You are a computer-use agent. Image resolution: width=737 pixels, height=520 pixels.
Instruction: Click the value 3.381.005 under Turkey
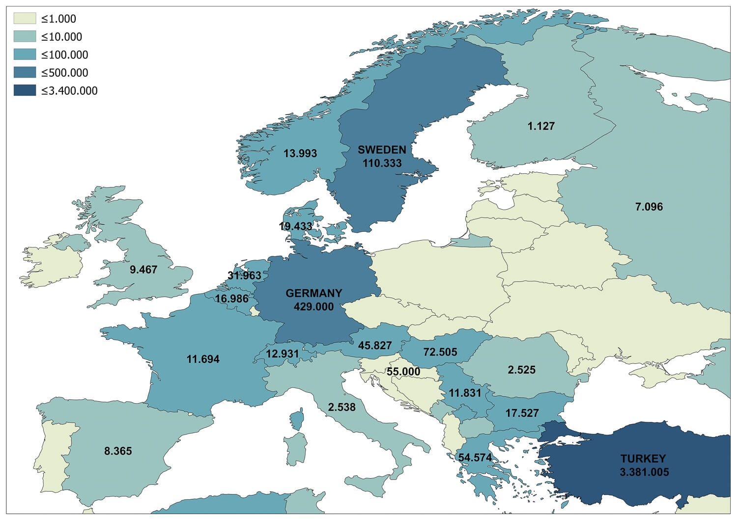pos(644,472)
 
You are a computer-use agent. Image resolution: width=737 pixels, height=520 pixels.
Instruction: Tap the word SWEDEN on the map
pos(382,150)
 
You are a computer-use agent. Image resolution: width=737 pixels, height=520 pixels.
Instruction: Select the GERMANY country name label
pos(313,293)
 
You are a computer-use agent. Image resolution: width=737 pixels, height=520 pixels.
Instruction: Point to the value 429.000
pos(313,307)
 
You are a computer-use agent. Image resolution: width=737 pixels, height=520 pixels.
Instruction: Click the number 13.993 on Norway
pos(300,154)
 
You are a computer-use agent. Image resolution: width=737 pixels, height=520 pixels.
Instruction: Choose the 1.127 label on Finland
pos(541,126)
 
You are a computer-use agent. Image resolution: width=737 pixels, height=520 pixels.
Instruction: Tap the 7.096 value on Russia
pos(649,207)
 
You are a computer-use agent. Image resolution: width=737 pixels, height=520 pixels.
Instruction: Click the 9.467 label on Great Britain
pos(143,270)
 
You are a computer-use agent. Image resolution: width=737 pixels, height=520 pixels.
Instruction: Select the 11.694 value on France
pos(203,359)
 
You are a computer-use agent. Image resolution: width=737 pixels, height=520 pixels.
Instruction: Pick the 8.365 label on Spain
pos(118,451)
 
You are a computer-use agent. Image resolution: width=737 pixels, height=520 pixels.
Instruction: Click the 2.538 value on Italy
pos(341,407)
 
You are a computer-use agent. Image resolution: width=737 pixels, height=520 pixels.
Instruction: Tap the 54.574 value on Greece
pos(475,458)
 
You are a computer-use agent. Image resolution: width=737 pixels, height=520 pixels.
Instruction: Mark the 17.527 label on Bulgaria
pos(522,413)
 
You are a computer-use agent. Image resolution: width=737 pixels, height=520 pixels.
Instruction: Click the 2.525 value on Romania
pos(521,370)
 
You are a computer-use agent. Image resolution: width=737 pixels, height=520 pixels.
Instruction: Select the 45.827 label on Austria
pos(375,346)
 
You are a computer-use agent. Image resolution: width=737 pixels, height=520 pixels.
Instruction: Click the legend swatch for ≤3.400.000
pos(25,90)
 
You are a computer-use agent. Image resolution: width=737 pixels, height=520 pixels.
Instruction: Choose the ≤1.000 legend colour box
pos(25,19)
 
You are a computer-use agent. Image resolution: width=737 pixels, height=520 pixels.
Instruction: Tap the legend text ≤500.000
pos(64,73)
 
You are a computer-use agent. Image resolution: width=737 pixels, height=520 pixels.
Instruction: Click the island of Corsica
pos(297,420)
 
